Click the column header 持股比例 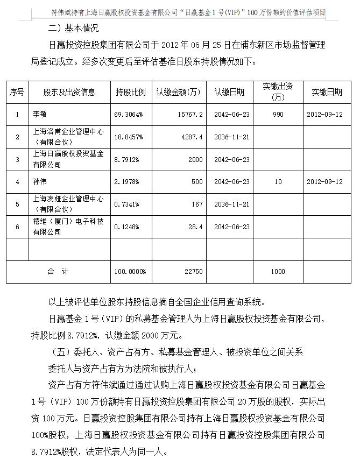131,92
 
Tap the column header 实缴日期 327,92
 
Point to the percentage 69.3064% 129,115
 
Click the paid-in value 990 278,115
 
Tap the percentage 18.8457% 129,137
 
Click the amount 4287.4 193,137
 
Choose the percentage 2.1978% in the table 127,182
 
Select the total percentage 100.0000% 130,272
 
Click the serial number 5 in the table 17,204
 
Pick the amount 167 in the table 199,204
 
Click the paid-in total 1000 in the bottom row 278,272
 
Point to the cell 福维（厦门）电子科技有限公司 68,227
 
